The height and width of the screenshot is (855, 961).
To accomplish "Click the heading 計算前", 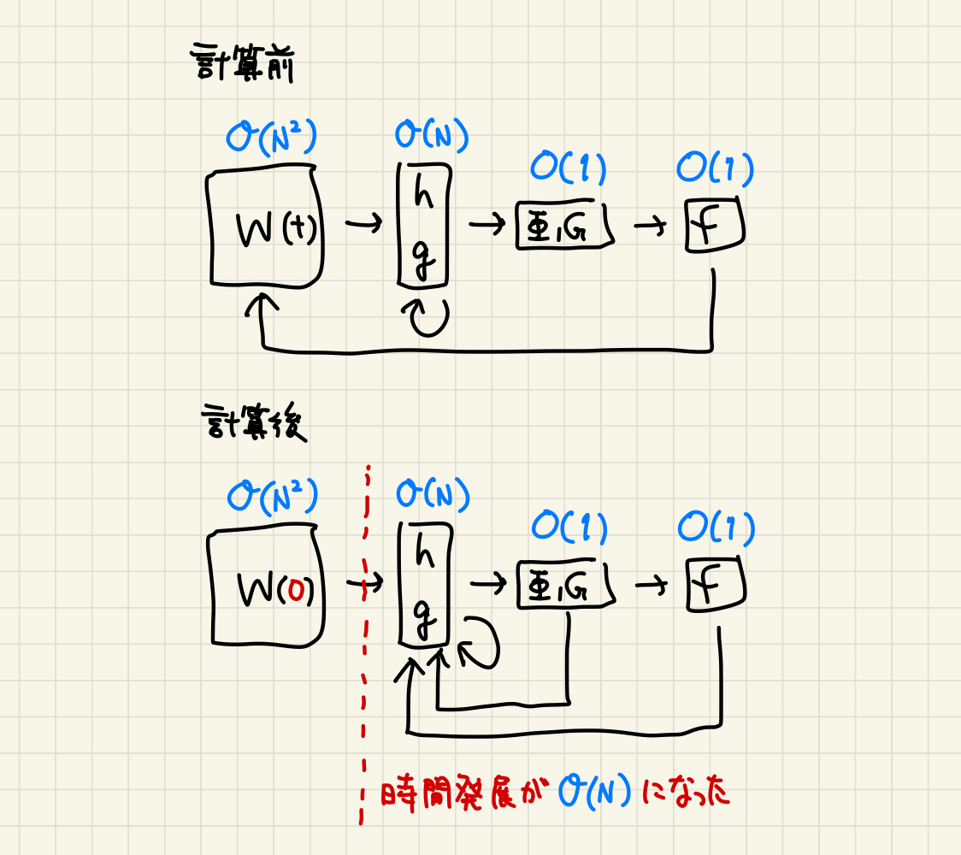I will coord(241,64).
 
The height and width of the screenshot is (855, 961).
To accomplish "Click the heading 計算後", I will coord(253,423).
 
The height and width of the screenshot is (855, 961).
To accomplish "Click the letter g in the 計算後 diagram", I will coord(422,614).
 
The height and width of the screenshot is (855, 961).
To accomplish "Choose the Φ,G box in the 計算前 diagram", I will coord(564,227).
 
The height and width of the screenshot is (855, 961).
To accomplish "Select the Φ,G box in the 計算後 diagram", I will coord(565,586).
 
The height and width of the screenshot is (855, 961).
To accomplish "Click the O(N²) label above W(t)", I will coord(271,138).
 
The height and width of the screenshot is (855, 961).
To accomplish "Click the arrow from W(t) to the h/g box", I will coord(364,226).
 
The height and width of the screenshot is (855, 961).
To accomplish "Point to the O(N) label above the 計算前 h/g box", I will coord(432,136).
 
